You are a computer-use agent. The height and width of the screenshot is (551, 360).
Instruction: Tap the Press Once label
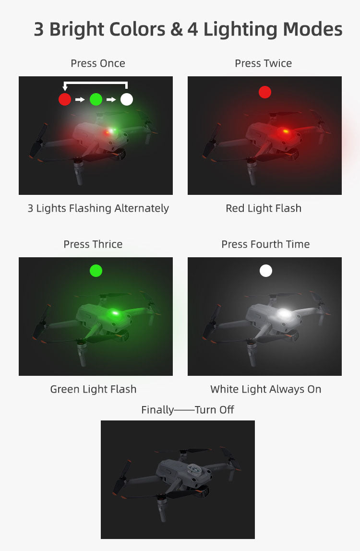point(98,63)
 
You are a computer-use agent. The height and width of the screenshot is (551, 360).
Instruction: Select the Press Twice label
point(264,63)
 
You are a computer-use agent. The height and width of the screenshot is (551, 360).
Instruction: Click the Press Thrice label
point(93,244)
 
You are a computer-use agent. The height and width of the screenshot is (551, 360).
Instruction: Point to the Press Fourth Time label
point(265,244)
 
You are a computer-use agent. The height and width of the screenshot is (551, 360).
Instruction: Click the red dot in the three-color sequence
point(65,99)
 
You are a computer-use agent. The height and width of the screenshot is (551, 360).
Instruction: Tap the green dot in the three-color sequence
point(96,99)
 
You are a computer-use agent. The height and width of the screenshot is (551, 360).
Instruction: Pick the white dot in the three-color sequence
point(127,99)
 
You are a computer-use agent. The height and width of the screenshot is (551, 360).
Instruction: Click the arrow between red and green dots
point(80,99)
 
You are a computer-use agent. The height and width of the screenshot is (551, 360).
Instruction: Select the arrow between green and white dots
point(111,99)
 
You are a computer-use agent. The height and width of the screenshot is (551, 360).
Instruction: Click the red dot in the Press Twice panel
point(265,93)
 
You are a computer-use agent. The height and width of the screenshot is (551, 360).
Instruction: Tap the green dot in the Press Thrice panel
point(96,271)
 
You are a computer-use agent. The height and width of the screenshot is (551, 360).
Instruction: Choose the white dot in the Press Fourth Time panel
point(266,271)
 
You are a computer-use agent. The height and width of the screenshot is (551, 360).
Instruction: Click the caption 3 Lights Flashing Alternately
point(98,208)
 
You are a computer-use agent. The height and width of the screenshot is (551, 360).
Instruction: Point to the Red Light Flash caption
point(264,208)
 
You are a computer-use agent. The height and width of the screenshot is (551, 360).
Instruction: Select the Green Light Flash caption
point(93,389)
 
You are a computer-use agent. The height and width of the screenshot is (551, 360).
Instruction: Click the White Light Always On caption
point(266,389)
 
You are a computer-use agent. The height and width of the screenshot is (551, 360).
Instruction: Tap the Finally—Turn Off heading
point(187,410)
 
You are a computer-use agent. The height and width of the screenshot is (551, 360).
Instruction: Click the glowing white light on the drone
point(285,313)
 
